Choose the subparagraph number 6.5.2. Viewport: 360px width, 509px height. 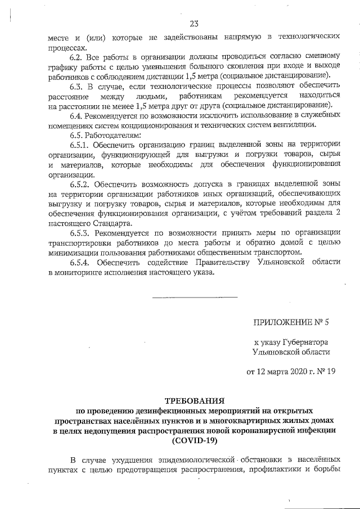[x=80, y=184]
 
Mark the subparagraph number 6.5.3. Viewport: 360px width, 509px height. [x=80, y=233]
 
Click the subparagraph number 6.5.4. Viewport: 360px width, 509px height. [x=80, y=263]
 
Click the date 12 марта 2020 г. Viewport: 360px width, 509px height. [x=278, y=372]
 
